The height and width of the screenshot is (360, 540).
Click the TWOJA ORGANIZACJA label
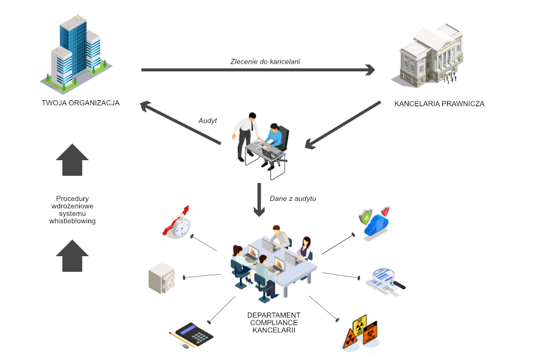click(x=80, y=103)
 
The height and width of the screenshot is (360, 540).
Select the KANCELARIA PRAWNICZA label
click(x=439, y=104)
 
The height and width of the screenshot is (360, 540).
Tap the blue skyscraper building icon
click(x=75, y=51)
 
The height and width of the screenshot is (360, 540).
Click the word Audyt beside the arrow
click(x=207, y=121)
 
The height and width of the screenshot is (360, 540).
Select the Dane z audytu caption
click(x=293, y=198)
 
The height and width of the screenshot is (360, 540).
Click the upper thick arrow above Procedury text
click(x=72, y=160)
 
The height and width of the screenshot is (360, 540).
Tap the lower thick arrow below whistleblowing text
click(x=72, y=255)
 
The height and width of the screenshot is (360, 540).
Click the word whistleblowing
click(x=72, y=221)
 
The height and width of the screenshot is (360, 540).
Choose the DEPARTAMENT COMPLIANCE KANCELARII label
click(x=274, y=322)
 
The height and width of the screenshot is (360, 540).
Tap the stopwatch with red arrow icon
click(x=177, y=223)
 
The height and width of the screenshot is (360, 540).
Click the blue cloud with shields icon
click(x=376, y=223)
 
